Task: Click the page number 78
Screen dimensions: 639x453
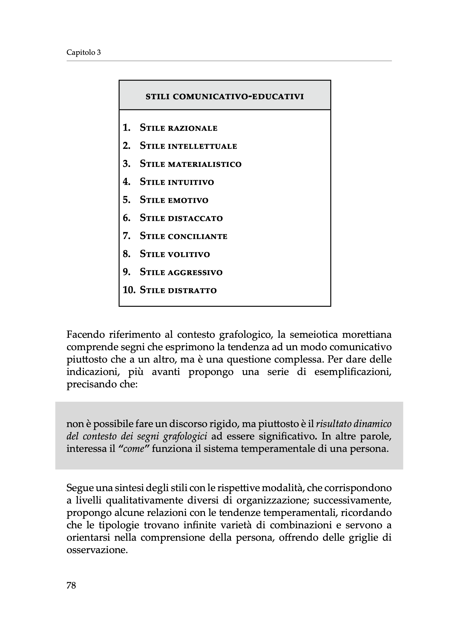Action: (71, 586)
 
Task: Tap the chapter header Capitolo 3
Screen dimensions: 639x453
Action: (84, 52)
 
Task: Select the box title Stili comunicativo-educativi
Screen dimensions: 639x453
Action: (225, 97)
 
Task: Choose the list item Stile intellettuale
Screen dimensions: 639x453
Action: (188, 146)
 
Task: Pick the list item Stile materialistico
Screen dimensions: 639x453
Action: (190, 164)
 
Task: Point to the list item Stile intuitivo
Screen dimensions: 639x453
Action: (177, 182)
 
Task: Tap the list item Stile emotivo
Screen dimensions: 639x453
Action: (174, 200)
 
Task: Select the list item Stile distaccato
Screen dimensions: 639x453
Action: (181, 218)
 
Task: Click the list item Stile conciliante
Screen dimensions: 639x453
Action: (184, 236)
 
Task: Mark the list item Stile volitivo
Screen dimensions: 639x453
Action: (175, 254)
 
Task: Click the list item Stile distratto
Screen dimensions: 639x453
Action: (178, 290)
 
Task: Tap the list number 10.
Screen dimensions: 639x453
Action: (129, 290)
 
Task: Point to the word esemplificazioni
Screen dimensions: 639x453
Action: (353, 372)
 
